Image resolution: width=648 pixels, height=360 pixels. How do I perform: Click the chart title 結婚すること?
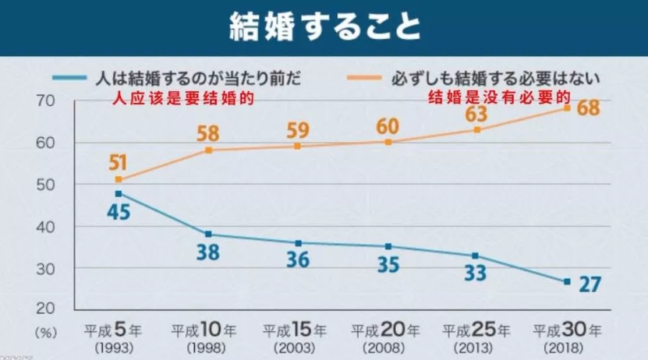pyautogui.click(x=324, y=27)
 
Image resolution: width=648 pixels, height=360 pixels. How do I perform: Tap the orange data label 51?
pyautogui.click(x=119, y=162)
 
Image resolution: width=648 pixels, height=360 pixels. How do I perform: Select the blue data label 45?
pyautogui.click(x=119, y=212)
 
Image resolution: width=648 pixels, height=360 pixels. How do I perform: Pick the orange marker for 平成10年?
pyautogui.click(x=208, y=150)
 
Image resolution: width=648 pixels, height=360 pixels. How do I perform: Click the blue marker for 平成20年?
pyautogui.click(x=388, y=246)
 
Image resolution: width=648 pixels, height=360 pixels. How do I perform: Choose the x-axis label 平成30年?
pyautogui.click(x=567, y=328)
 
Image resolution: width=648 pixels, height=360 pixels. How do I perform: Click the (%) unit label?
pyautogui.click(x=46, y=330)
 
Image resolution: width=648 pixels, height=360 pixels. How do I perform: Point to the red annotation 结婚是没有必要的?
pyautogui.click(x=499, y=98)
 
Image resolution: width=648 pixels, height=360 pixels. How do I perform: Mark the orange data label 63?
pyautogui.click(x=476, y=114)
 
